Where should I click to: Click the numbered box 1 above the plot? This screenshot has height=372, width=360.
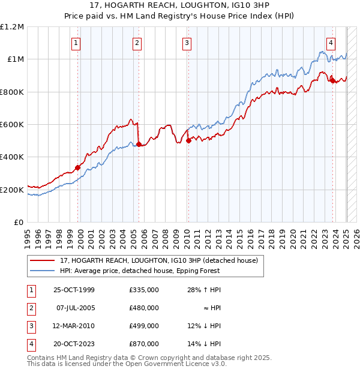tap(77, 43)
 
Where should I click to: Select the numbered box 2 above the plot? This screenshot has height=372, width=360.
tap(137, 43)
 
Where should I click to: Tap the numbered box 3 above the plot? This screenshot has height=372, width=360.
tap(187, 43)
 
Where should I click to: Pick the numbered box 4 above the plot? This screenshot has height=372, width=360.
tap(331, 43)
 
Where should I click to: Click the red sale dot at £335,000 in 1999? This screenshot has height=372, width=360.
tap(77, 168)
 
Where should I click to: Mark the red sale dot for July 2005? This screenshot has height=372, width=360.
tap(139, 144)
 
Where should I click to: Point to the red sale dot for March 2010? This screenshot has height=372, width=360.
tap(188, 141)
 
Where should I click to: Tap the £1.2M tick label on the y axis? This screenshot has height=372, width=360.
tap(12, 27)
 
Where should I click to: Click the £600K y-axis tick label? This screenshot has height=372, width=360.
tap(12, 125)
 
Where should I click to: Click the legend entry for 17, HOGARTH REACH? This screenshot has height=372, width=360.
tap(159, 260)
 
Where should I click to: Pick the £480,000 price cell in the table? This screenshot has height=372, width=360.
tap(144, 308)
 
